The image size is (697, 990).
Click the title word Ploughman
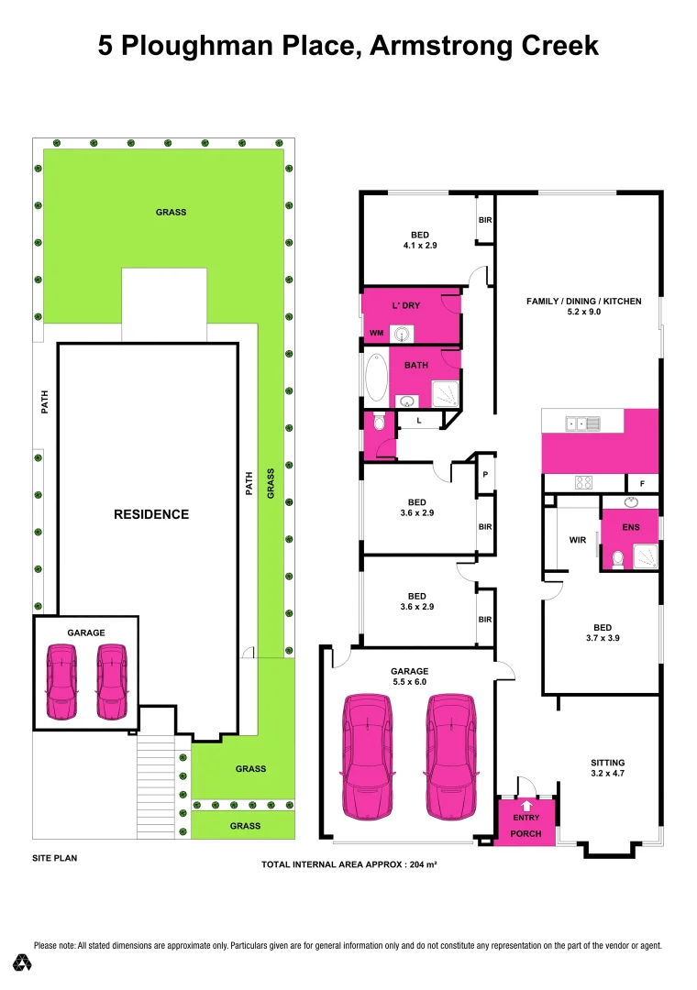[235, 45]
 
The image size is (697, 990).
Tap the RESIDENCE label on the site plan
[151, 514]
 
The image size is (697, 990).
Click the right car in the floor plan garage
[450, 756]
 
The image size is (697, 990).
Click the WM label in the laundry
[376, 333]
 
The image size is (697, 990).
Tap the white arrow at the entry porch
[526, 805]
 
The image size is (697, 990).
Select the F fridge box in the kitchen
[641, 483]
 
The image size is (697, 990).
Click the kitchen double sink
[583, 423]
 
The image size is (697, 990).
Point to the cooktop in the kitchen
[583, 482]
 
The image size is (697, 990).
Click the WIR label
[577, 540]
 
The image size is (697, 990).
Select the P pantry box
[485, 474]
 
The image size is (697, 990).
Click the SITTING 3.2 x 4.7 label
[607, 768]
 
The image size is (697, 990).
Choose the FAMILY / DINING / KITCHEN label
[583, 306]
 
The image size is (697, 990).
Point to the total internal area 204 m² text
[348, 863]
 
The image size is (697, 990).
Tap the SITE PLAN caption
[54, 859]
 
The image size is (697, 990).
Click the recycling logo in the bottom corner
[23, 962]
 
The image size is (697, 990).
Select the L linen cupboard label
[418, 420]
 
